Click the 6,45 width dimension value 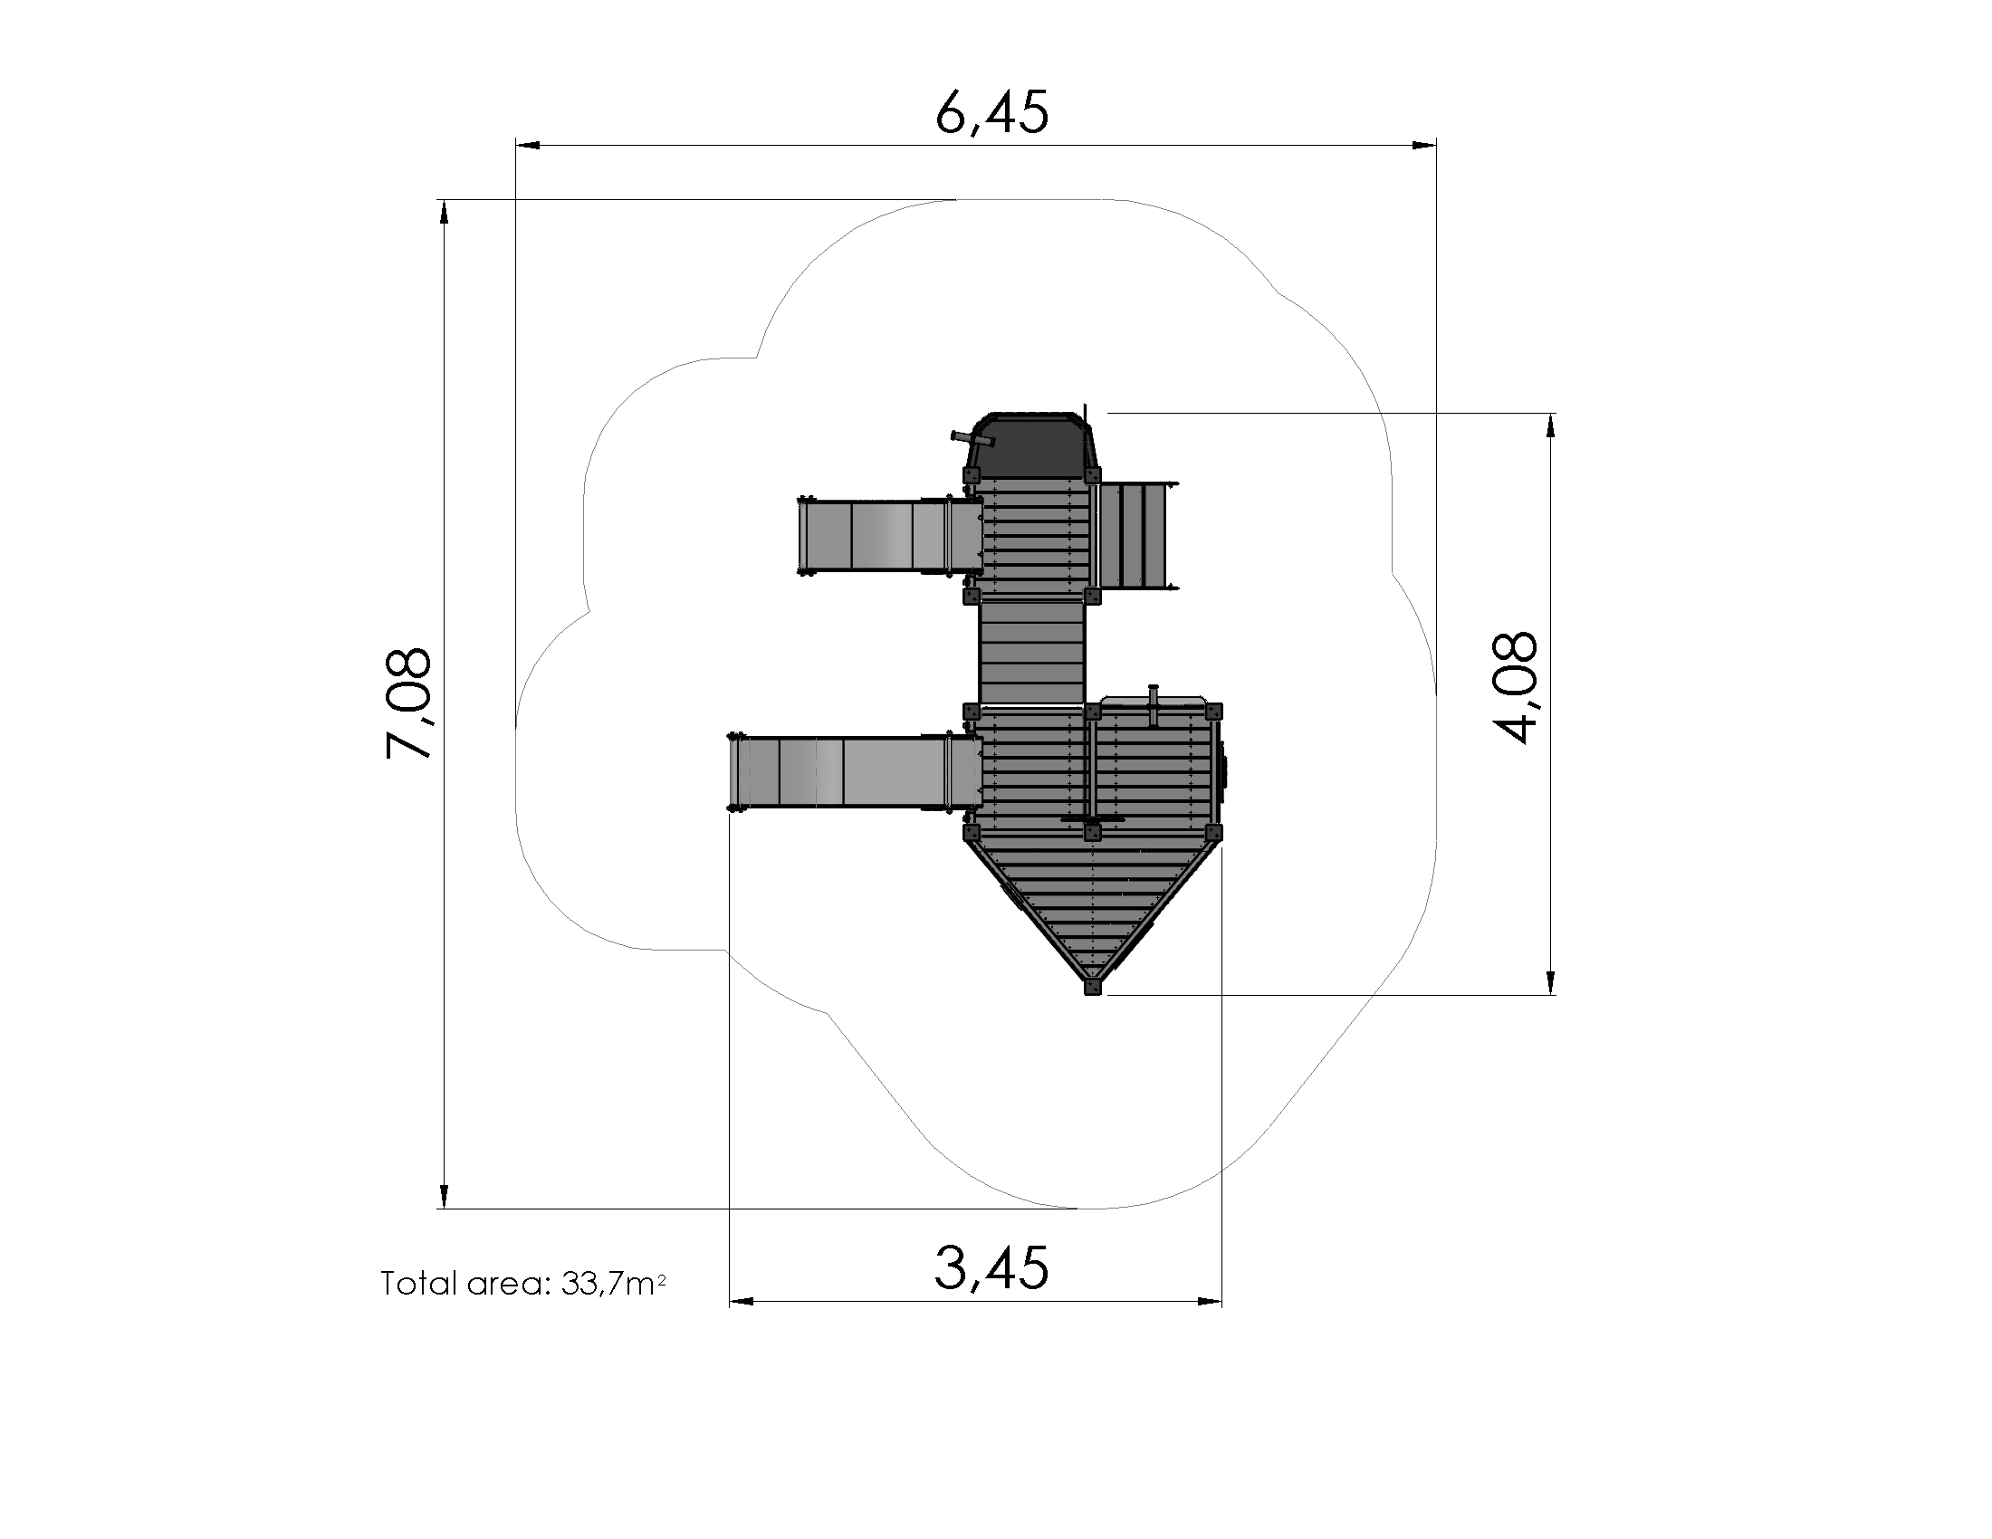[x=992, y=113]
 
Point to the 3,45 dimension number [x=991, y=1268]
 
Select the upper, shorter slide [x=890, y=537]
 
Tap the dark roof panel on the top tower [x=1031, y=444]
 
